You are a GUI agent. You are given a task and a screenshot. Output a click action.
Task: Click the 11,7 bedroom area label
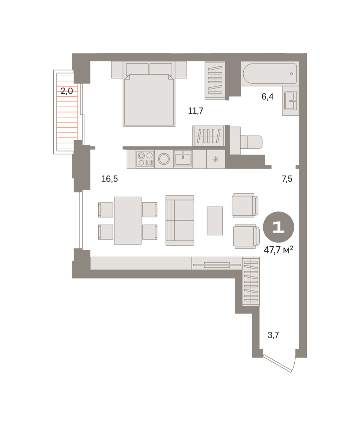click(x=195, y=111)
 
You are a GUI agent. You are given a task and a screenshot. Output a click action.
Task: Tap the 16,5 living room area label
click(x=110, y=179)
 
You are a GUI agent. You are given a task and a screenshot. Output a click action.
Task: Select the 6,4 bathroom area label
click(x=267, y=97)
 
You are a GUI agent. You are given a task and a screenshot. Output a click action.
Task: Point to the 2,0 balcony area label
click(x=67, y=91)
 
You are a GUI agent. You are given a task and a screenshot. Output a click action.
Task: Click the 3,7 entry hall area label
click(x=273, y=335)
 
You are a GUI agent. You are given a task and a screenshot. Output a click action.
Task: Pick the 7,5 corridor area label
click(x=287, y=179)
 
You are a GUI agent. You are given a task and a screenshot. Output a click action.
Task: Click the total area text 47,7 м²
click(x=278, y=250)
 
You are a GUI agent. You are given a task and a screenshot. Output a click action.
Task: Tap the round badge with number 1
click(x=278, y=227)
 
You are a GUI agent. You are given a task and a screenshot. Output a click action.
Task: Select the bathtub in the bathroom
click(x=270, y=73)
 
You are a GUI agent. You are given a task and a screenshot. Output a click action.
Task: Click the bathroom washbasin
click(x=290, y=101)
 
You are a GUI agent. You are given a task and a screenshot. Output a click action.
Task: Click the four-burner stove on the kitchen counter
click(x=145, y=159)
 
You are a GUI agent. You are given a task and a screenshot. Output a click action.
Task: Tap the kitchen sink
click(x=183, y=158)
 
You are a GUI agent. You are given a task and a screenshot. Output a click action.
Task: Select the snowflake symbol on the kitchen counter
click(x=216, y=159)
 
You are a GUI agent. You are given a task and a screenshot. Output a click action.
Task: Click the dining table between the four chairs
click(x=128, y=220)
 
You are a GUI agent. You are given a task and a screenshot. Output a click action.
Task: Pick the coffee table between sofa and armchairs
click(x=215, y=221)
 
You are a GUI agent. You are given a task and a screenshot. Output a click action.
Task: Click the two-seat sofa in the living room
click(x=180, y=220)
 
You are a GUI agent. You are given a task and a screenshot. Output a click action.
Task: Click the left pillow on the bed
click(x=137, y=69)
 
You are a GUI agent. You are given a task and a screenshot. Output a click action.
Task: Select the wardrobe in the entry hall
click(x=251, y=282)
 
